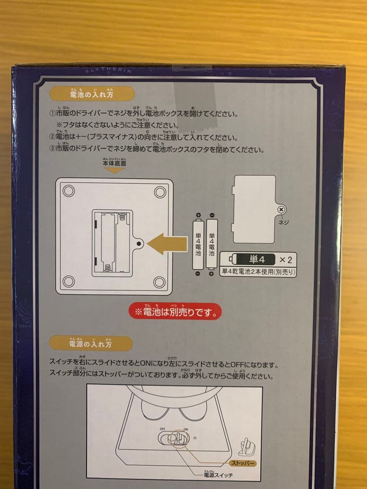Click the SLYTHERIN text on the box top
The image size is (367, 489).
click(x=108, y=71)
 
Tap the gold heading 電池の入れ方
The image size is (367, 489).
click(x=92, y=94)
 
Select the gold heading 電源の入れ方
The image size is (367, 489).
click(x=91, y=343)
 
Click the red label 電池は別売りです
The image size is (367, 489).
click(x=175, y=312)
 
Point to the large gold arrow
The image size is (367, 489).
click(x=167, y=244)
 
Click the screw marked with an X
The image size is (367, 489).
click(x=282, y=210)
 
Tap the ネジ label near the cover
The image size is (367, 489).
click(x=283, y=222)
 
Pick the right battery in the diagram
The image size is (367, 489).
click(x=212, y=244)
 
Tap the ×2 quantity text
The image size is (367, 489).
click(x=285, y=259)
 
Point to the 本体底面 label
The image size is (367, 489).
click(x=115, y=163)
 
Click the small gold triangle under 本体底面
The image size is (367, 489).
click(x=115, y=171)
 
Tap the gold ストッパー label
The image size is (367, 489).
click(x=243, y=463)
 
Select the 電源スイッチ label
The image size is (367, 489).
click(x=218, y=475)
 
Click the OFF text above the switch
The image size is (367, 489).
click(x=163, y=429)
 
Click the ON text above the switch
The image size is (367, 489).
click(x=186, y=429)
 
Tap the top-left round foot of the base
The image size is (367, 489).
click(x=69, y=191)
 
